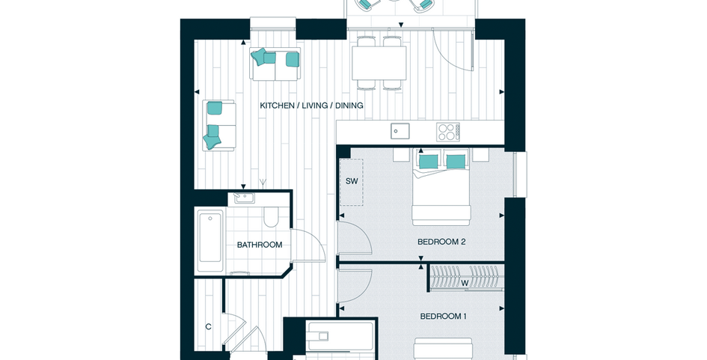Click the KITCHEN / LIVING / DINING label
click(311, 106)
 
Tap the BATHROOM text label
click(260, 245)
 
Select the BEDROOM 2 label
click(441, 242)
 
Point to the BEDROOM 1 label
click(443, 317)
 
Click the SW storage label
click(352, 181)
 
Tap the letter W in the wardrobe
click(465, 284)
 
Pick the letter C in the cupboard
click(208, 327)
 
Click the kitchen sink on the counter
click(400, 131)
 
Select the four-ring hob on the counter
click(448, 132)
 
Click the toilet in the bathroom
click(272, 216)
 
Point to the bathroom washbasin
click(245, 198)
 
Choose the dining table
click(379, 63)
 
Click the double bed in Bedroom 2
click(441, 187)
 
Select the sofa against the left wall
click(219, 126)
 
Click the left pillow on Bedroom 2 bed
click(429, 162)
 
